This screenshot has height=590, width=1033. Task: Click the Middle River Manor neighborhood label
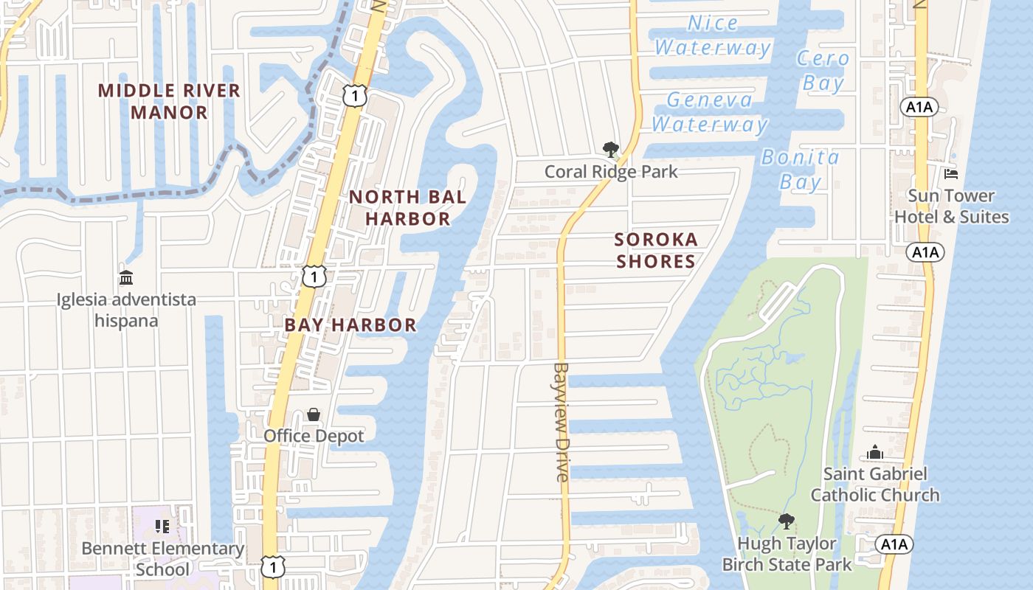169,102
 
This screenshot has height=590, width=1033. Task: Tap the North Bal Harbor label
407,207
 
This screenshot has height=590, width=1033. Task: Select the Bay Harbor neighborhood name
350,324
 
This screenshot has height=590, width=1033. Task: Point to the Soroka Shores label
656,250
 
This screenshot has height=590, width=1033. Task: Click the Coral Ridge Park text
611,172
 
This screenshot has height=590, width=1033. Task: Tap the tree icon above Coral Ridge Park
611,150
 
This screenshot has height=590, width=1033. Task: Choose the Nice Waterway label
712,35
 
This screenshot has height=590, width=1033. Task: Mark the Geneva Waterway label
710,111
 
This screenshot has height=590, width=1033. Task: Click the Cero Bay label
823,71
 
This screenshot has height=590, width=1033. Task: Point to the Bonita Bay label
801,169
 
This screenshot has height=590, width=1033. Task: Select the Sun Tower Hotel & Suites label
951,206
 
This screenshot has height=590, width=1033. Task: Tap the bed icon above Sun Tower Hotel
951,174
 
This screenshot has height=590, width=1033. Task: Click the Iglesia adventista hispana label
127,310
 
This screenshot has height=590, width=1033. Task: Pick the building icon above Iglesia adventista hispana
126,278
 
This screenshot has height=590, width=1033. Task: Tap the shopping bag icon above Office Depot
314,414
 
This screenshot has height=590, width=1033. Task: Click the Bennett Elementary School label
162,558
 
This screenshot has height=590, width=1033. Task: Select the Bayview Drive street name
562,422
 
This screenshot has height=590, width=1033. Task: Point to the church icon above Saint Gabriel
875,452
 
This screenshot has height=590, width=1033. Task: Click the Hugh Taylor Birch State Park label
787,554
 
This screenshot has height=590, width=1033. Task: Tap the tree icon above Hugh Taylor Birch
787,521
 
